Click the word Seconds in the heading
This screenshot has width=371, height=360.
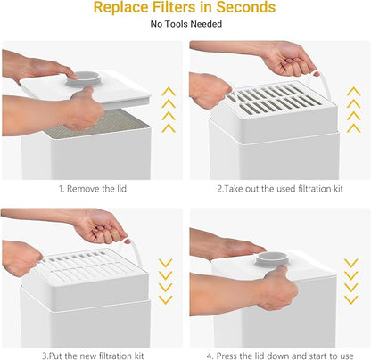[x=246, y=7]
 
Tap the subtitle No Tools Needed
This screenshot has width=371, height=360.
[x=186, y=24]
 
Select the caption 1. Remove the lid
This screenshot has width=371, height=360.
[x=93, y=189]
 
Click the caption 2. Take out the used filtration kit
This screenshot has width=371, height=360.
[x=280, y=189]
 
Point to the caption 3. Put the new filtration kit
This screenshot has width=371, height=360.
[x=93, y=356]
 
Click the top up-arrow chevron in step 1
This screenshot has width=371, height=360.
[x=169, y=91]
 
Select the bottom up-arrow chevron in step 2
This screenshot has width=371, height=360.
[x=354, y=128]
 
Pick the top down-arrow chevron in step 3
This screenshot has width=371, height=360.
[x=166, y=263]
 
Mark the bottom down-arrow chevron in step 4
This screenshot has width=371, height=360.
[x=350, y=299]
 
